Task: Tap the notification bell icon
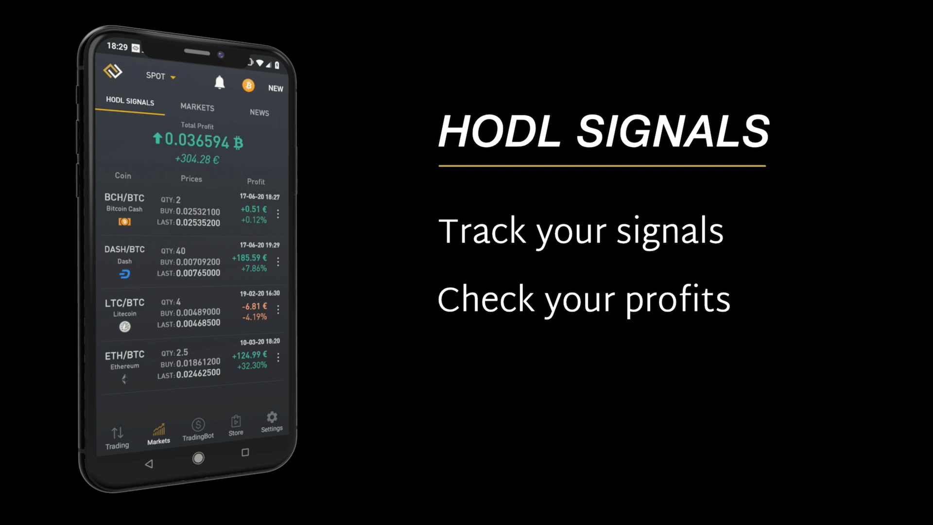(x=220, y=83)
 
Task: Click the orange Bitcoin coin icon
(x=248, y=86)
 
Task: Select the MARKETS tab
(x=197, y=107)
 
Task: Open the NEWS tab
(x=259, y=112)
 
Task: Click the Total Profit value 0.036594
(x=197, y=140)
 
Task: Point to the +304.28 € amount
(x=197, y=159)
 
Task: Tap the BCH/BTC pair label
(x=124, y=197)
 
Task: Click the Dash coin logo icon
(x=124, y=274)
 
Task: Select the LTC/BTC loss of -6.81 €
(x=254, y=306)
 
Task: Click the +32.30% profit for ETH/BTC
(x=252, y=366)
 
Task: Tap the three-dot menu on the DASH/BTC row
(x=278, y=262)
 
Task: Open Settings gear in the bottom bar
(x=272, y=417)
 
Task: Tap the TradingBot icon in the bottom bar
(x=198, y=425)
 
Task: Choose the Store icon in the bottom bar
(x=236, y=421)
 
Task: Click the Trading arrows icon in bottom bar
(x=117, y=433)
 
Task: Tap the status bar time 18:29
(x=117, y=46)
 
